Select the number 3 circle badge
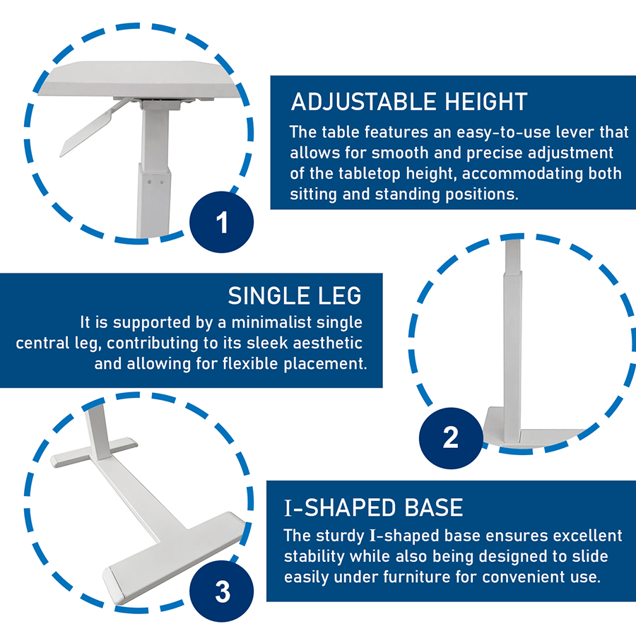coord(222,591)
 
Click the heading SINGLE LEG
coord(294,295)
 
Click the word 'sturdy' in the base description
coord(336,536)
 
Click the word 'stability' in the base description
coord(314,556)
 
